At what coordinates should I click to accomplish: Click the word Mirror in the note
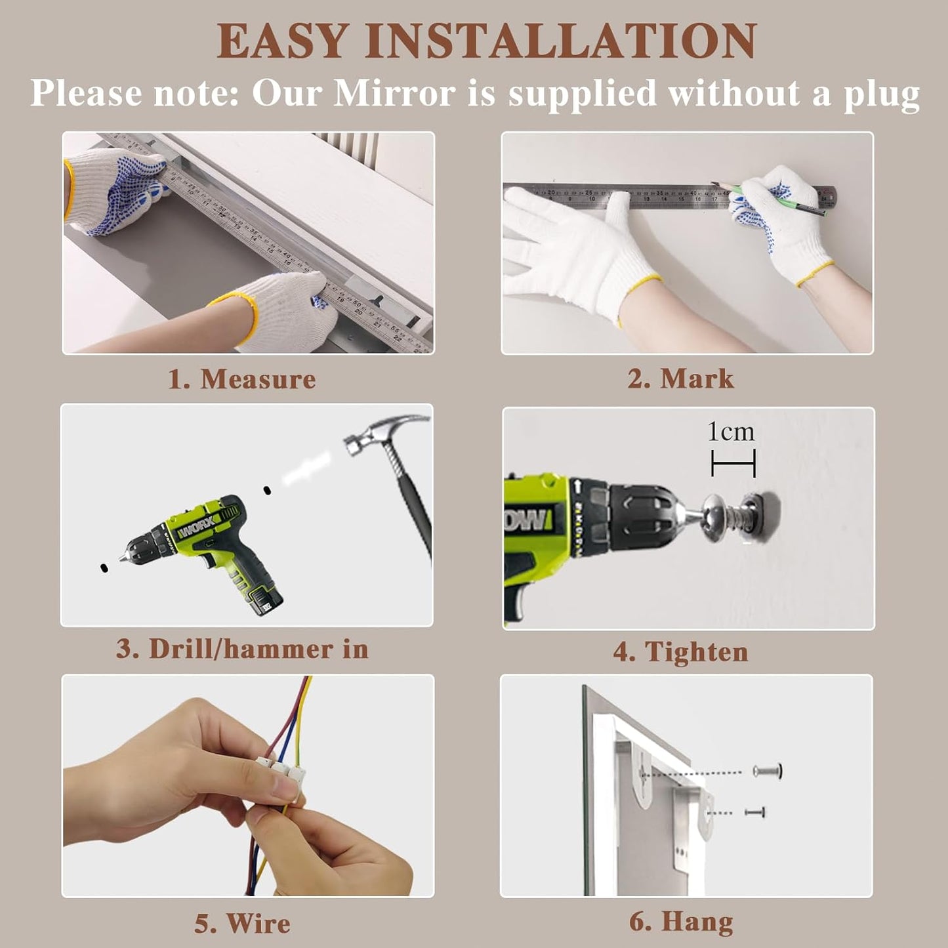point(394,93)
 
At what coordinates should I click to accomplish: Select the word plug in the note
point(881,94)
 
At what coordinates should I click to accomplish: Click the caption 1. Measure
point(242,379)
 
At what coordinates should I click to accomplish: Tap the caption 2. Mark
point(680,379)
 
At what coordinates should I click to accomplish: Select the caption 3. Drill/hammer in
point(242,649)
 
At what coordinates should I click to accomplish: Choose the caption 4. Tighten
point(680,652)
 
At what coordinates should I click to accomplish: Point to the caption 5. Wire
point(242,923)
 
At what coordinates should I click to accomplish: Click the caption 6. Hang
point(680,921)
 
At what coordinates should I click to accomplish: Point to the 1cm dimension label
point(731,432)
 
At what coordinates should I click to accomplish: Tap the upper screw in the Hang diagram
point(768,771)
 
